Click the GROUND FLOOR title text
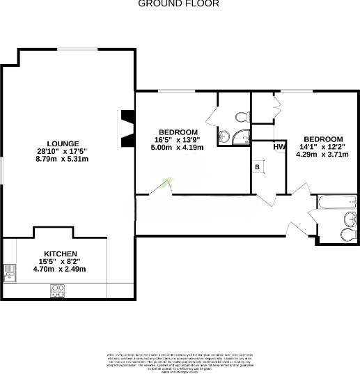click(x=179, y=3)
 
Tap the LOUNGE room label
click(x=58, y=143)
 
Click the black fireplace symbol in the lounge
click(x=126, y=129)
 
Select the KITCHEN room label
click(x=61, y=254)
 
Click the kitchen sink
click(x=10, y=274)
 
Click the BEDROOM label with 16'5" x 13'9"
click(x=178, y=132)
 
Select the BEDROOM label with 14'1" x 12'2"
click(x=323, y=138)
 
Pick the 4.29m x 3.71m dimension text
click(x=323, y=154)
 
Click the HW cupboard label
click(x=280, y=147)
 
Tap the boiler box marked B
click(x=257, y=168)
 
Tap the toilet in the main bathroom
click(x=347, y=234)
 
